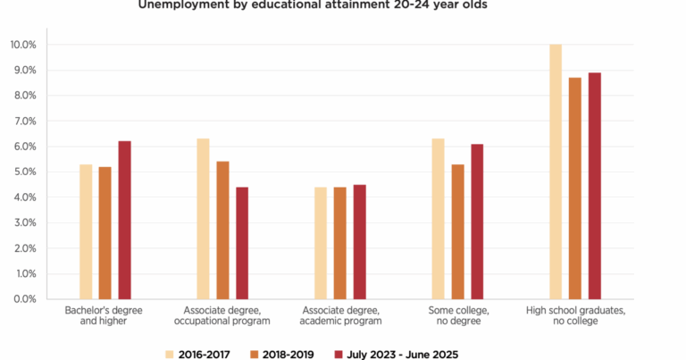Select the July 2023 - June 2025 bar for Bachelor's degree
pyautogui.click(x=124, y=220)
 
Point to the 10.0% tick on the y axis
pyautogui.click(x=23, y=45)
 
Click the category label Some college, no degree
pyautogui.click(x=457, y=315)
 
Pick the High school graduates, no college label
pyautogui.click(x=575, y=315)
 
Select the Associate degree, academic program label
pyautogui.click(x=340, y=315)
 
